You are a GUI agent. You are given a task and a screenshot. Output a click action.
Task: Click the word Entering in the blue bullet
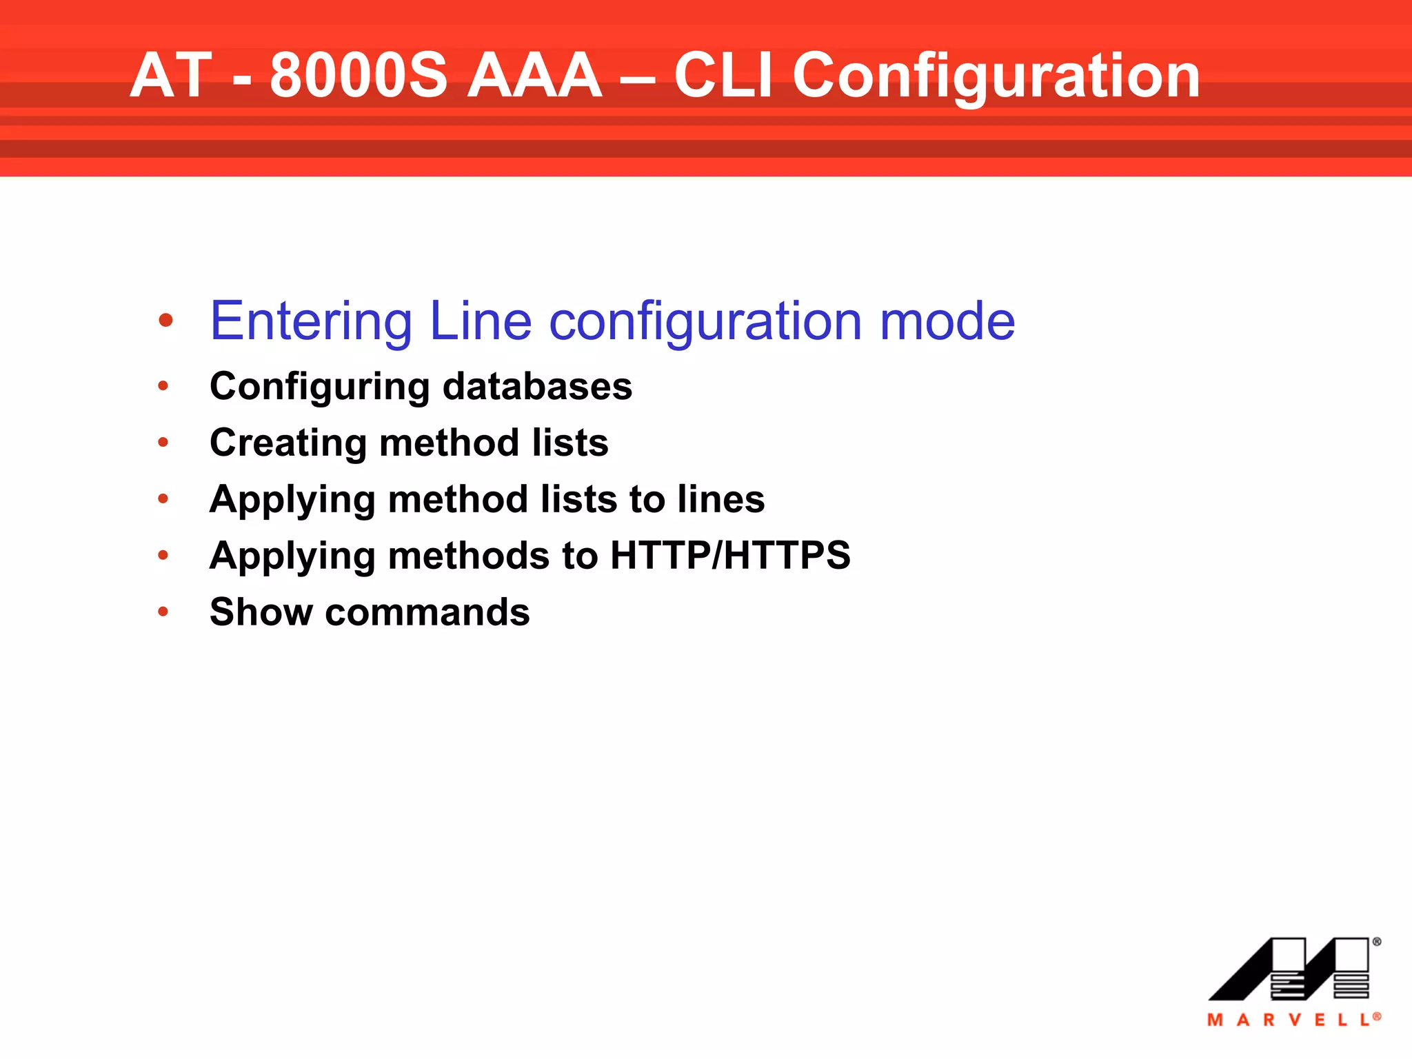[311, 321]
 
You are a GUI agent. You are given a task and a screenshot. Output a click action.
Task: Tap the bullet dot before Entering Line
[165, 321]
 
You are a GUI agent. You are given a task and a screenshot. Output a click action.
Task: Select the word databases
[537, 386]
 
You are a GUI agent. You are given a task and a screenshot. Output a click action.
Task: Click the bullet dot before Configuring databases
[163, 386]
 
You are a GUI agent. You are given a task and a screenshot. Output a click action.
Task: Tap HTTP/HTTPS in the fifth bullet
[730, 556]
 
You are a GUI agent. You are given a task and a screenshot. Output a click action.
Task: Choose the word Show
[261, 612]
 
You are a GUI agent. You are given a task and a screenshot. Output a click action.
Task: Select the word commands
[427, 612]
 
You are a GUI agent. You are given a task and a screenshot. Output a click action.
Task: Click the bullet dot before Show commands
[163, 612]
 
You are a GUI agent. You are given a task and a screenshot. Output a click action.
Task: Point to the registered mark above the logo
[1376, 942]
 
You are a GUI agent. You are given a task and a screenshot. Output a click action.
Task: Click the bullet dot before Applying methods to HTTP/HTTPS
[163, 555]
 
